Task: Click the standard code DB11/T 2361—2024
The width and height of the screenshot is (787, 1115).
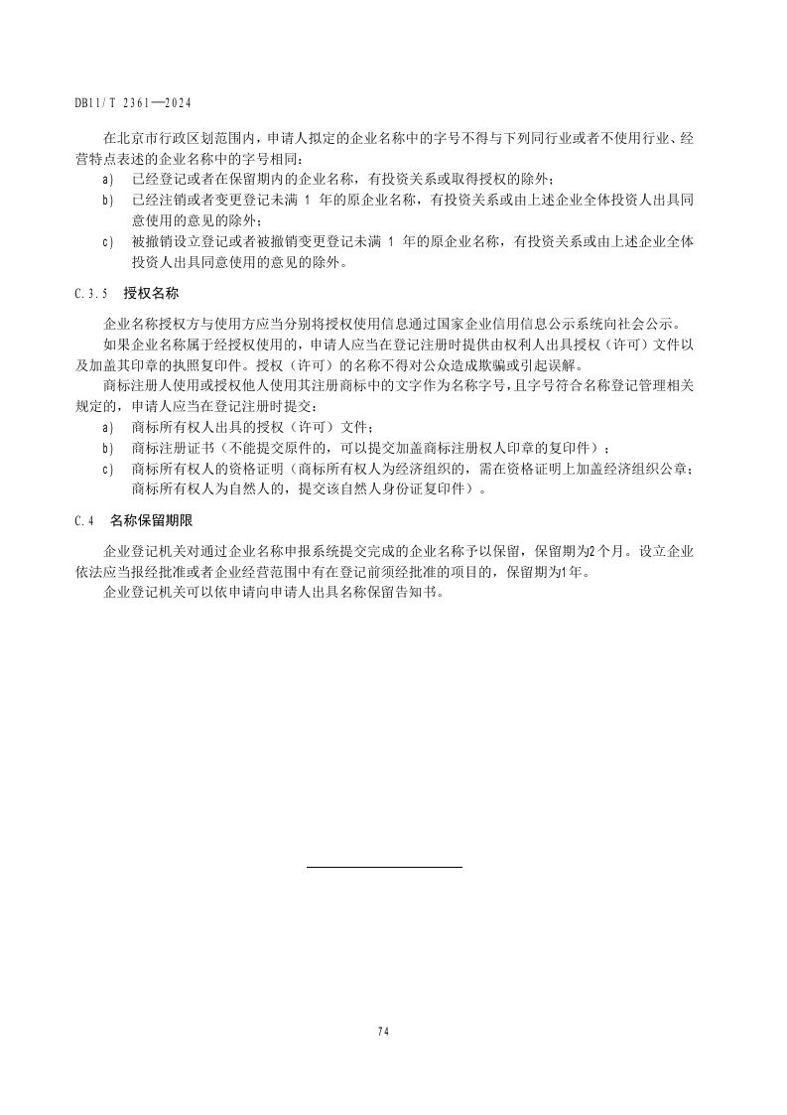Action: coord(132,102)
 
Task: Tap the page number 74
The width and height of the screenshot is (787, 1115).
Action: coord(383,1031)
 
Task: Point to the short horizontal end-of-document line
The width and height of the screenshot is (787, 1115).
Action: coord(384,868)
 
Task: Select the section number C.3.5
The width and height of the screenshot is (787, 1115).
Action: coord(90,295)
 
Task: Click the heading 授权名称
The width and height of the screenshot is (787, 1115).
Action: coord(150,295)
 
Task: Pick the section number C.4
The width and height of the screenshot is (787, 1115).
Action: coord(83,519)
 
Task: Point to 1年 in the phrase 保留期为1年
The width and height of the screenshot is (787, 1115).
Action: coord(573,572)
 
